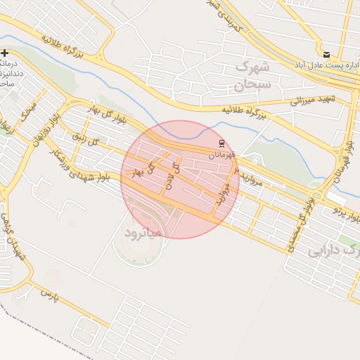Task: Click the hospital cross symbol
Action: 5,53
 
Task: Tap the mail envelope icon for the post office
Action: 326,54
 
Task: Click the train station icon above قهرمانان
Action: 223,143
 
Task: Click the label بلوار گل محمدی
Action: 299,223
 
